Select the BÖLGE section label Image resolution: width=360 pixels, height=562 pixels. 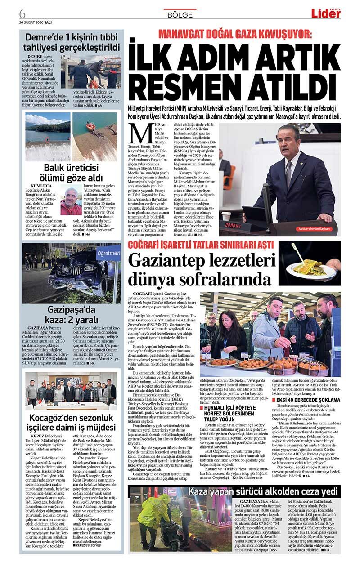pyautogui.click(x=180, y=15)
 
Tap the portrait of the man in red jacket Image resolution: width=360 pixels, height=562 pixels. pyautogui.click(x=71, y=201)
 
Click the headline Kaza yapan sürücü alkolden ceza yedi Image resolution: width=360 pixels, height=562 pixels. pyautogui.click(x=263, y=491)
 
